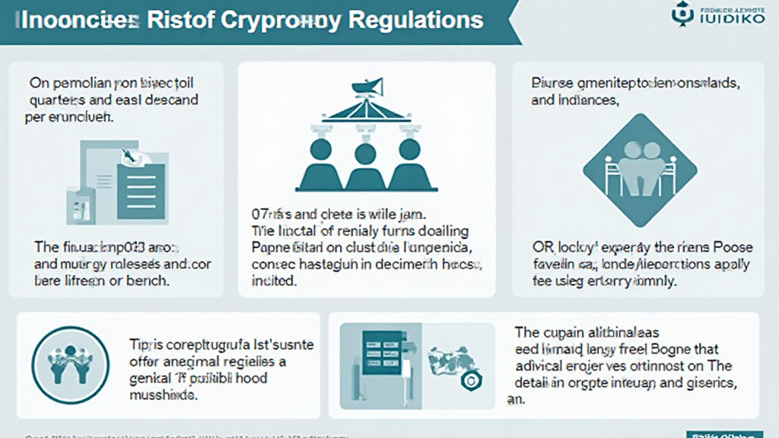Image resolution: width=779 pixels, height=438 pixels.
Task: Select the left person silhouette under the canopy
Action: click(319, 163)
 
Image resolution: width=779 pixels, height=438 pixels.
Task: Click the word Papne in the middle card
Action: click(270, 246)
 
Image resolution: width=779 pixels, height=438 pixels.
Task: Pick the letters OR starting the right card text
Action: click(542, 247)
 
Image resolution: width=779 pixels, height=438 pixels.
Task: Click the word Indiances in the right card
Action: click(587, 99)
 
